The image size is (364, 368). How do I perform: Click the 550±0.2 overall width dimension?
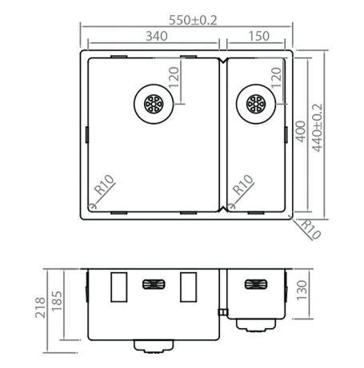[193, 20]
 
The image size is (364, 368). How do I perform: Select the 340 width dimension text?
[157, 36]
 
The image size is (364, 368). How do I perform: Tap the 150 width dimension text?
[259, 36]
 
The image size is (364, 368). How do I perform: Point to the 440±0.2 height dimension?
[317, 128]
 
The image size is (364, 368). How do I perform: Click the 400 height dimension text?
[301, 132]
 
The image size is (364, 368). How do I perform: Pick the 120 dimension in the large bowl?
[174, 77]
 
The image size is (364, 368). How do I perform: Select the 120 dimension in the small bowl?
[276, 77]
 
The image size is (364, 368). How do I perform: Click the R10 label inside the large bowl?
[104, 185]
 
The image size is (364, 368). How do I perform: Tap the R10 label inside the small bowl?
[242, 185]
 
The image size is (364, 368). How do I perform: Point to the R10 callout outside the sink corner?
[310, 229]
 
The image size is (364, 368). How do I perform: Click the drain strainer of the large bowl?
[154, 104]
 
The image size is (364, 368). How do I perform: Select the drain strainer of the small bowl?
[256, 104]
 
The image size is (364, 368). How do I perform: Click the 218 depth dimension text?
[40, 307]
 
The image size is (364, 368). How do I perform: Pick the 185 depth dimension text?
[57, 301]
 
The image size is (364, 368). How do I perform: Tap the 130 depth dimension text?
[302, 290]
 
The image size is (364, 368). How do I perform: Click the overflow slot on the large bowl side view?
[154, 284]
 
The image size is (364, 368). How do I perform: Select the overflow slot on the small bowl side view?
[256, 284]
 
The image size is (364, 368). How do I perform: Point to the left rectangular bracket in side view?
[118, 287]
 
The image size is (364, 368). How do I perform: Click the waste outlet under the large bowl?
[154, 346]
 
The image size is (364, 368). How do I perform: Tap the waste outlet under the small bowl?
[256, 326]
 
